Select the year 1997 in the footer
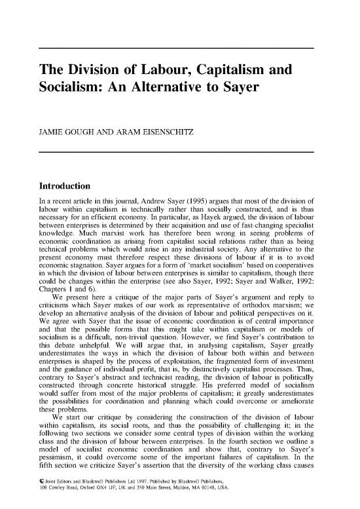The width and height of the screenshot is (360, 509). point(154,493)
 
